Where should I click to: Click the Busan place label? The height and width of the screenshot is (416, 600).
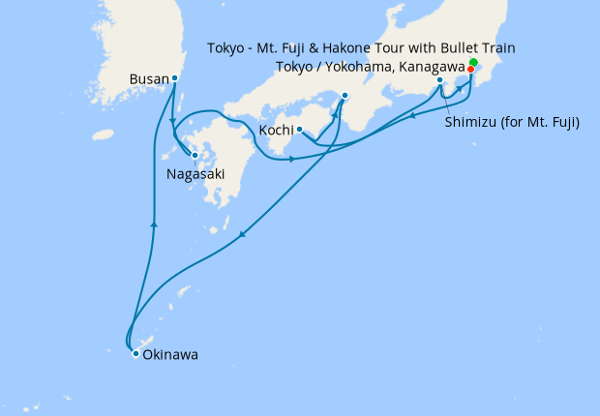pyautogui.click(x=150, y=79)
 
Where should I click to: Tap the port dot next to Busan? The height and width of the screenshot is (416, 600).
pyautogui.click(x=174, y=78)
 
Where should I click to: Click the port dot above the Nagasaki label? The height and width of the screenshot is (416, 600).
pyautogui.click(x=195, y=154)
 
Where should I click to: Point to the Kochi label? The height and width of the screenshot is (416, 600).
pyautogui.click(x=276, y=130)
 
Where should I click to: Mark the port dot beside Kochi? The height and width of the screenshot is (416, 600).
pyautogui.click(x=299, y=130)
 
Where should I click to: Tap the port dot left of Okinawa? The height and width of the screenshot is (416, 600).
pyautogui.click(x=135, y=354)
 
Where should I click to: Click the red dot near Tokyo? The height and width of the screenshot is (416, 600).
pyautogui.click(x=470, y=69)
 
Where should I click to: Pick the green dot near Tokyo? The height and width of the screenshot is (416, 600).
pyautogui.click(x=473, y=63)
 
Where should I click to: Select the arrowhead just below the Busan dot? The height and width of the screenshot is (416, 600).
pyautogui.click(x=172, y=121)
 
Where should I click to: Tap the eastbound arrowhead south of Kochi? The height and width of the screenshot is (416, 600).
pyautogui.click(x=291, y=158)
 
